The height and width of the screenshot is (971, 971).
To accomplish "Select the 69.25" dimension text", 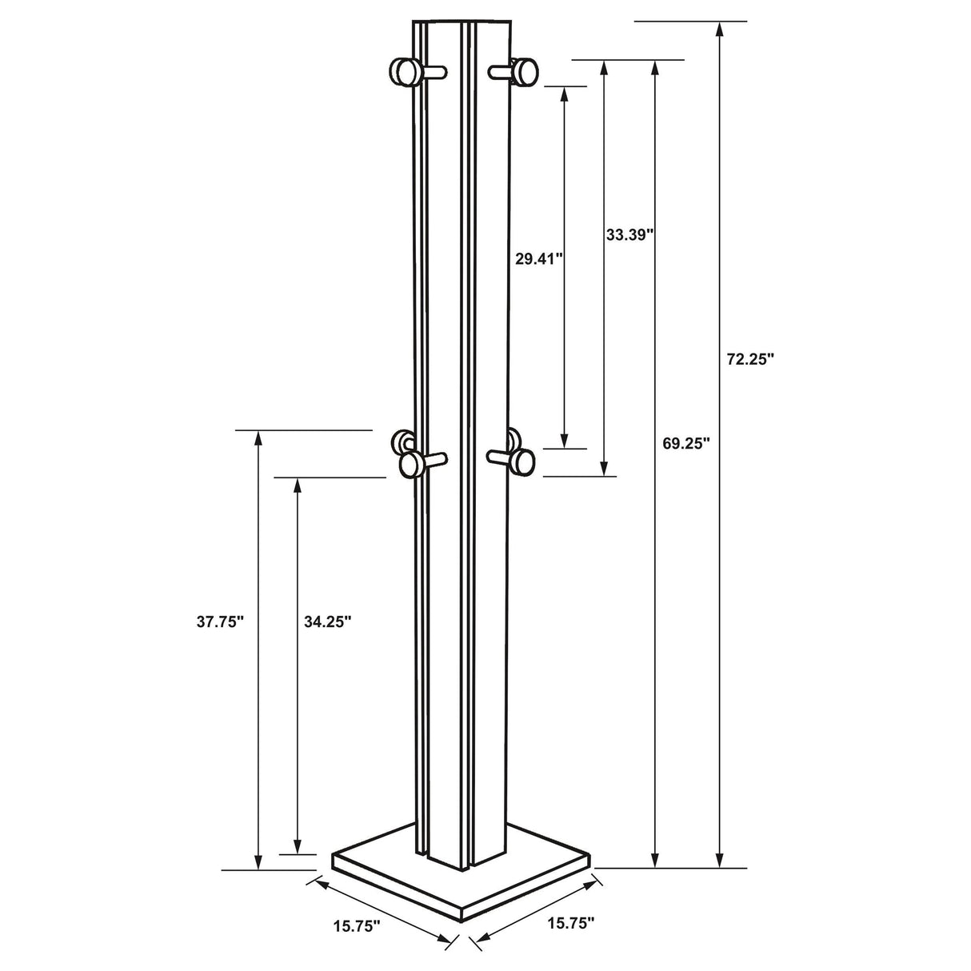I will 686,444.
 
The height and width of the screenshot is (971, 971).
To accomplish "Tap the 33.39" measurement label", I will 630,234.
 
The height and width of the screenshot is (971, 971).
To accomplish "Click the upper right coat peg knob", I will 525,72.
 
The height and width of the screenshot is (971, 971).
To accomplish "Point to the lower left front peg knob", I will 411,463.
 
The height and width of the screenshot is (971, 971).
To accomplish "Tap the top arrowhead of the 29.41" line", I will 565,94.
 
